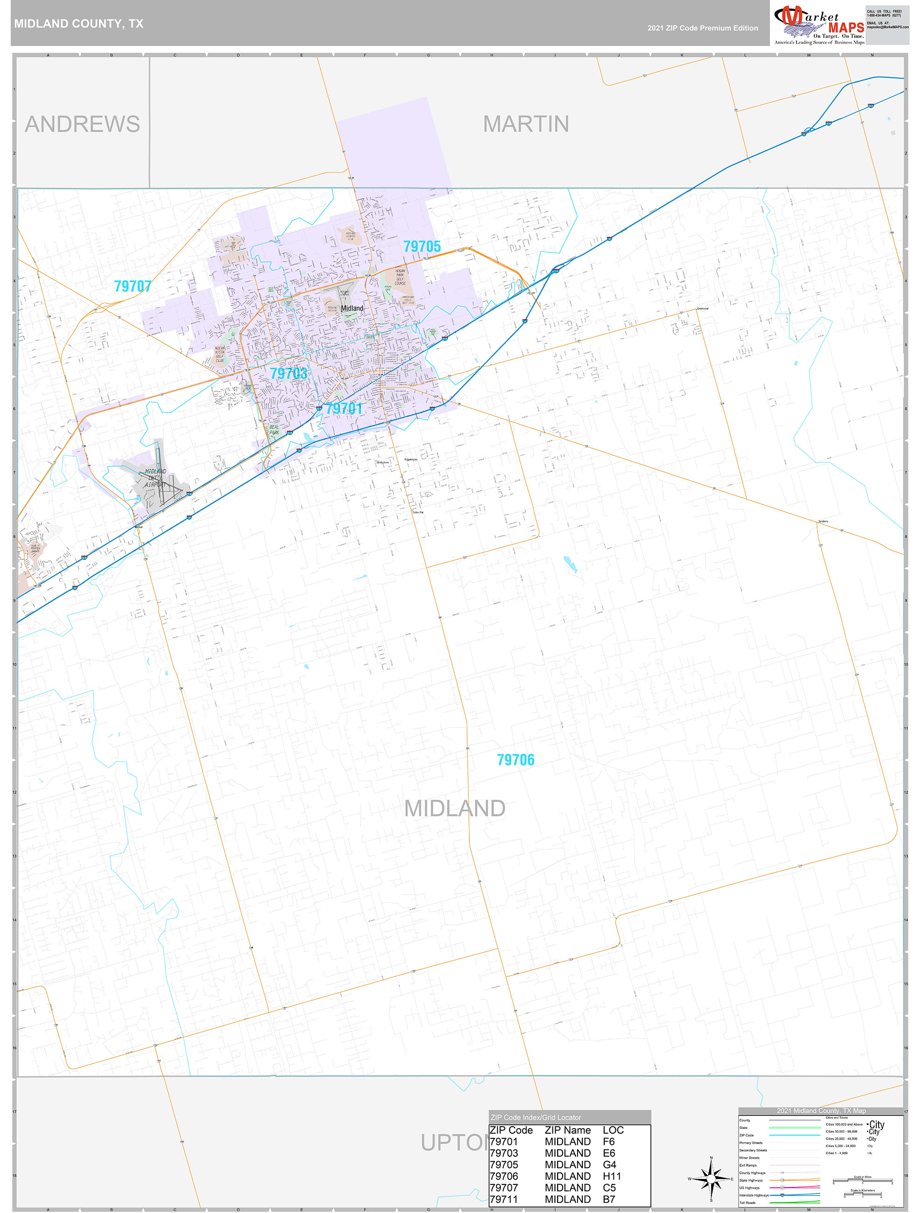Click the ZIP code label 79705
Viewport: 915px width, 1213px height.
click(x=422, y=247)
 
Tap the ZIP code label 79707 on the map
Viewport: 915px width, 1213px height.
click(x=133, y=286)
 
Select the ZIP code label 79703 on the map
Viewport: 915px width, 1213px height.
click(x=288, y=373)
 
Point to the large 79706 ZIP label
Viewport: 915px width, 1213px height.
click(x=515, y=760)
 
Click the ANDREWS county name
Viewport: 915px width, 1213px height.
click(x=82, y=124)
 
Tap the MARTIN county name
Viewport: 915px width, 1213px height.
click(x=525, y=124)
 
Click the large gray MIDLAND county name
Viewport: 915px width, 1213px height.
click(x=455, y=809)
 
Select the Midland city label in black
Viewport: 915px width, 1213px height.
click(x=352, y=308)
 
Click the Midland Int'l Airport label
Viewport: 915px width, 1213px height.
click(x=155, y=478)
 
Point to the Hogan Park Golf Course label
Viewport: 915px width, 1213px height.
click(x=400, y=277)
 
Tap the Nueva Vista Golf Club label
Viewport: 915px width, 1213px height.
click(x=219, y=354)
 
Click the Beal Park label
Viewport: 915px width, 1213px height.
click(x=274, y=429)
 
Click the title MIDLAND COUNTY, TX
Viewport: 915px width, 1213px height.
click(x=78, y=24)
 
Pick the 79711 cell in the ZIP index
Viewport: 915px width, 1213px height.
click(x=503, y=1199)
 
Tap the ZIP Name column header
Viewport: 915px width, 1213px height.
click(x=567, y=1130)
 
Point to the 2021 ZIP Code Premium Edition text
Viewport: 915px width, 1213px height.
click(x=702, y=28)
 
